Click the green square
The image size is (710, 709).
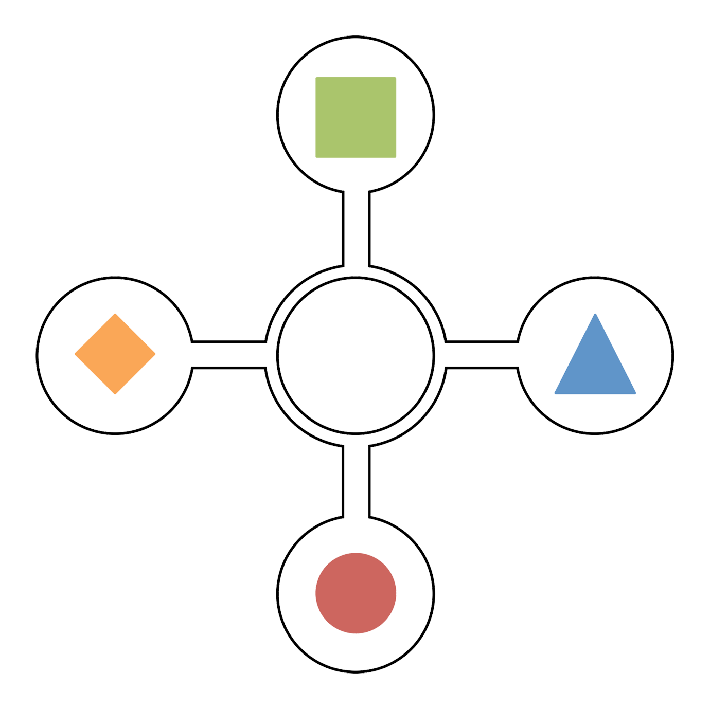click(x=356, y=117)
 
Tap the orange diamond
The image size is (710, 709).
click(x=115, y=354)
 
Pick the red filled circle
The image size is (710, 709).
click(x=356, y=593)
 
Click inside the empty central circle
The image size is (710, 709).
click(x=356, y=355)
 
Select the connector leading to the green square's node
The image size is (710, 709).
click(x=356, y=229)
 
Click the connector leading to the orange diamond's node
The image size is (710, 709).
click(x=229, y=354)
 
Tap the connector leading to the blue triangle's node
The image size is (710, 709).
click(x=482, y=354)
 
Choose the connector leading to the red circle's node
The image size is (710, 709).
click(x=356, y=481)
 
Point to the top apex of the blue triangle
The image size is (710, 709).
click(x=595, y=314)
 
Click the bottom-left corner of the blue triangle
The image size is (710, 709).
click(x=555, y=393)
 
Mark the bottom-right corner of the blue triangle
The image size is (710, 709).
click(x=635, y=393)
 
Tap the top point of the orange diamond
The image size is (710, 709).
click(x=115, y=314)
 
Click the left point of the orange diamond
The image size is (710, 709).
click(x=75, y=354)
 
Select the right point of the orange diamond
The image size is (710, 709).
click(x=155, y=354)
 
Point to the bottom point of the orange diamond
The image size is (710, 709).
click(x=115, y=394)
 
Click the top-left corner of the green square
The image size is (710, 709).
click(x=316, y=78)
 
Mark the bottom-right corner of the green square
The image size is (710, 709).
click(x=396, y=157)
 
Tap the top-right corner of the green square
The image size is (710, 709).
click(x=396, y=78)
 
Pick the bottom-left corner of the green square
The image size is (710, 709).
click(x=316, y=157)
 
